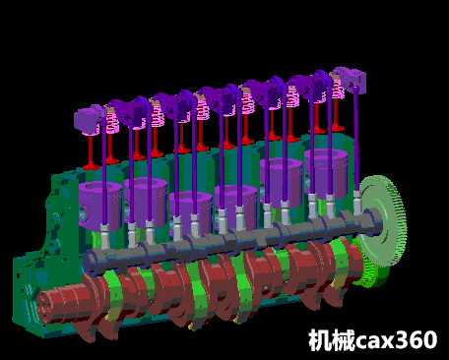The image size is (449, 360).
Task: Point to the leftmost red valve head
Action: (x=91, y=166)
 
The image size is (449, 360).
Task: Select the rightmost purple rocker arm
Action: (x=351, y=79)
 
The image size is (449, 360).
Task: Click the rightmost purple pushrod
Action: (x=355, y=140)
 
